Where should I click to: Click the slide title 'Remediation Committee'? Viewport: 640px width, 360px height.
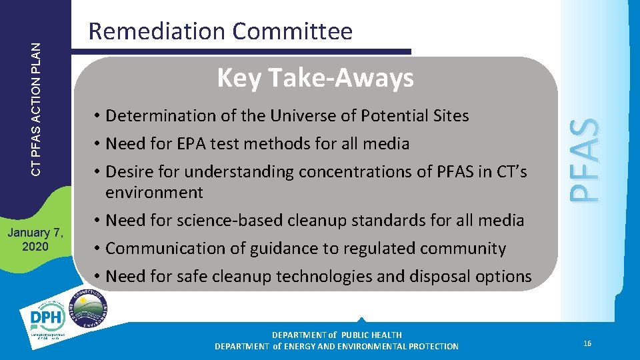220,31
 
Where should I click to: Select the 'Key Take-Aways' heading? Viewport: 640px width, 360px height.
315,79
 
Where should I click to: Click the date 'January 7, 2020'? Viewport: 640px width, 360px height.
35,239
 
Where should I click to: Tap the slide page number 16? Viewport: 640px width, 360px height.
587,343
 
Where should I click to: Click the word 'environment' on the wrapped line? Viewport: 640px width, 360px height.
154,193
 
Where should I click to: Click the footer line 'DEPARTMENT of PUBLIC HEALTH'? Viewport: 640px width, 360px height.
337,335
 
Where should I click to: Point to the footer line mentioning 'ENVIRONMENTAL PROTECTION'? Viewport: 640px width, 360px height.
337,346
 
